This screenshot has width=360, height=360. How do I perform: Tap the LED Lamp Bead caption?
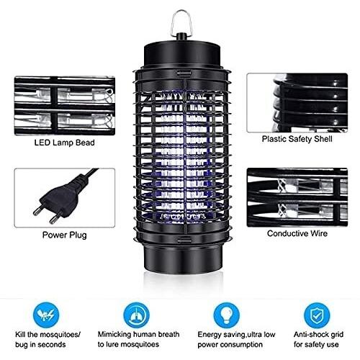coord(64,143)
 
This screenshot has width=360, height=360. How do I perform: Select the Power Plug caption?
coord(64,235)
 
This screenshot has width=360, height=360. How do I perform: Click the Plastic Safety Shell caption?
coord(297,139)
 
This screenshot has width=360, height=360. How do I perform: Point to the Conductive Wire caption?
coord(297,233)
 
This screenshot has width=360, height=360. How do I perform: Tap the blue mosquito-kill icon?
coord(46,315)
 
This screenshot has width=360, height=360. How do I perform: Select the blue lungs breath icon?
coord(136,315)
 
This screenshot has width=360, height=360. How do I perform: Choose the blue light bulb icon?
coord(227,315)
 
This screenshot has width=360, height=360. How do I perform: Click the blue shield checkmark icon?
coord(317,315)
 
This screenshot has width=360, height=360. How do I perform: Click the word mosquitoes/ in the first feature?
coord(60,335)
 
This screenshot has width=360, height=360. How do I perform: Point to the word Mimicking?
coord(114,335)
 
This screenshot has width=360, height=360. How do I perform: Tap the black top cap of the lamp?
coord(182,55)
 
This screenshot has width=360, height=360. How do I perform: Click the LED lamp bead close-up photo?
coord(65,106)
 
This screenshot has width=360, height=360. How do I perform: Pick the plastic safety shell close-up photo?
coord(297,103)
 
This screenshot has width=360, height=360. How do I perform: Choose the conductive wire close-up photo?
coord(297,197)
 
